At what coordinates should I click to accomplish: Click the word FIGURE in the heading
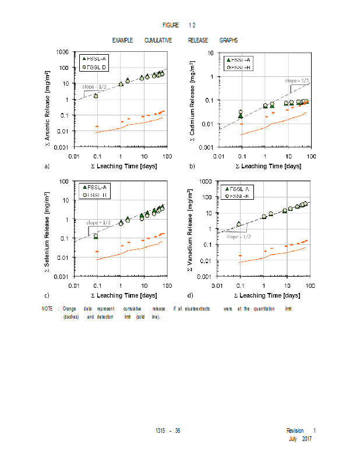(171, 26)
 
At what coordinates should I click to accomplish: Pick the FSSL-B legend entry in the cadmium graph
(239, 68)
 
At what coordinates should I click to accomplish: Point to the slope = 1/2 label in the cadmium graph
(297, 80)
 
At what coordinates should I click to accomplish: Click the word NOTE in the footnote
(47, 308)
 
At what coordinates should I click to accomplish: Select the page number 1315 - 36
(168, 430)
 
